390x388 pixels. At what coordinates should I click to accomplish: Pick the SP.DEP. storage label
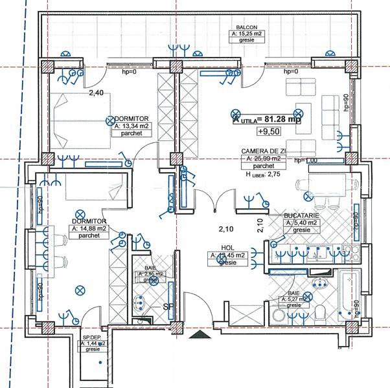[x=91, y=337]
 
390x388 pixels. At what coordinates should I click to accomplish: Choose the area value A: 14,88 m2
[x=89, y=229]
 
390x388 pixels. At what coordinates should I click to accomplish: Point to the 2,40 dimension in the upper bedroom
[x=95, y=93]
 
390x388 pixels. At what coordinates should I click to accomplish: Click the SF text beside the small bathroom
[x=168, y=306]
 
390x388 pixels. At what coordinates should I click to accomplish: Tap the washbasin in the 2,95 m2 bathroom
[x=141, y=302]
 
